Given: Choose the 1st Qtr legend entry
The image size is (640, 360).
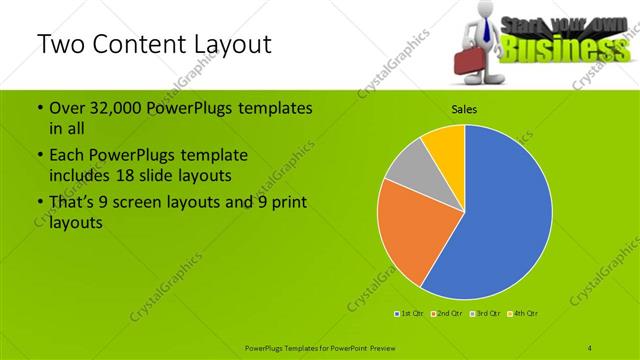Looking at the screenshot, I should coord(410,314).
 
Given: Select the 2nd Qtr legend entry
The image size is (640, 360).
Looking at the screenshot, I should coord(447,314).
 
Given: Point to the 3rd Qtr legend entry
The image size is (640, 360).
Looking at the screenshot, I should coord(485,314).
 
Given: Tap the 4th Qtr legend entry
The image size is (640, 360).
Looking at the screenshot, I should coord(523,314).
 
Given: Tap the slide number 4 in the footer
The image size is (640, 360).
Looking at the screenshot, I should coord(590,347).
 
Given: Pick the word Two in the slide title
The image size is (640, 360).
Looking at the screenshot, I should coord(60,45).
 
